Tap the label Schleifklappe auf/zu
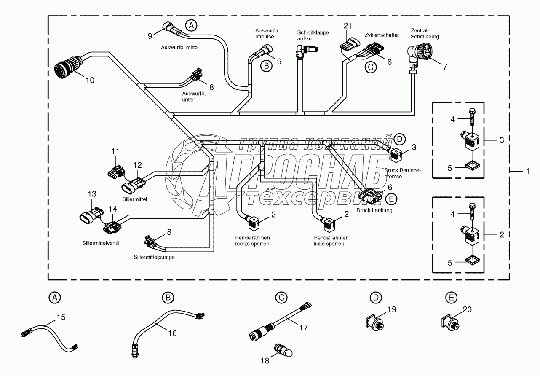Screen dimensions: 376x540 coord(313,35)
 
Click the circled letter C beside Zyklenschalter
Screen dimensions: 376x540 coord(370,67)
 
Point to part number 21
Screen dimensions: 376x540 coord(348,26)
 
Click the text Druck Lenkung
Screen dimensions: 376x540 coord(374,210)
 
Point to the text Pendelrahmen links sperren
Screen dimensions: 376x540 coord(329,241)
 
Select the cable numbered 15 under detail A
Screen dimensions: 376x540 coord(48,333)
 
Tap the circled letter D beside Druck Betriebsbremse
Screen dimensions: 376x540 coord(400,139)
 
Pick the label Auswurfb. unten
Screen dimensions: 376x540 coord(194,97)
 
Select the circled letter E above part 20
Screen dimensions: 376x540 coord(452,298)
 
